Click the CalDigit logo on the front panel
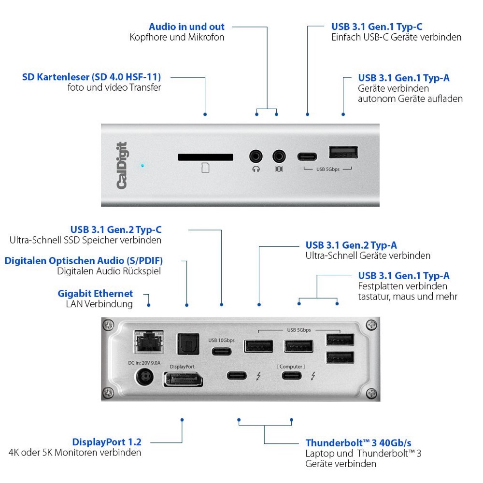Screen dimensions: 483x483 [121, 165]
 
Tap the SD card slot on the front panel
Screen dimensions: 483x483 [205, 157]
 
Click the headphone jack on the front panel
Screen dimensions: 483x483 [256, 156]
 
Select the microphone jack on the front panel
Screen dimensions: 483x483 [279, 156]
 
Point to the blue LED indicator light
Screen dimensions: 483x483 [142, 166]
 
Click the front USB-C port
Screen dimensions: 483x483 [307, 156]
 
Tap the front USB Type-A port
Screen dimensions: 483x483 [343, 152]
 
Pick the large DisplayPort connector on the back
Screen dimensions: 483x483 [183, 379]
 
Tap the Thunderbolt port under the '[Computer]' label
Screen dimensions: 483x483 [291, 376]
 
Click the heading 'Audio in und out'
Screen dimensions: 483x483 [186, 27]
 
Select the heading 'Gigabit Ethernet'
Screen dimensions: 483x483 [95, 293]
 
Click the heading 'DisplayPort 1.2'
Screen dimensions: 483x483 [107, 442]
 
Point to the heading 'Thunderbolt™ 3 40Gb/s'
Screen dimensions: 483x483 [358, 443]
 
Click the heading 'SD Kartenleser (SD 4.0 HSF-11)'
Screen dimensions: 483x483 [91, 77]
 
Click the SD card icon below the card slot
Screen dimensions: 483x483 [205, 168]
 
